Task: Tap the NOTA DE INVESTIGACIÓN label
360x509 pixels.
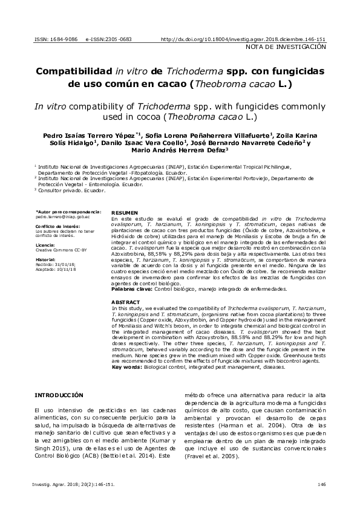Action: point(286,47)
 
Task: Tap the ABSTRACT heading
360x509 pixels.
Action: point(125,301)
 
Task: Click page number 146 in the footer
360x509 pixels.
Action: point(321,484)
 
